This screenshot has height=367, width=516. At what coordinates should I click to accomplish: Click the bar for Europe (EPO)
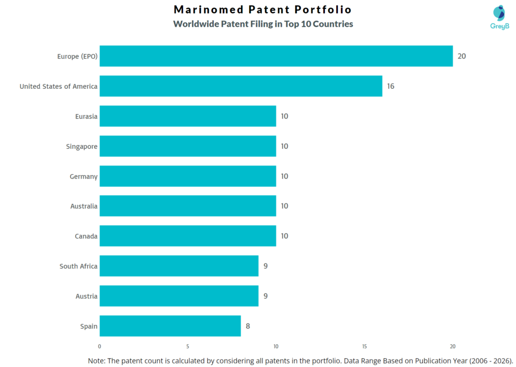[276, 56]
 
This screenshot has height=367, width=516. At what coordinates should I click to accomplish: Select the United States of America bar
[241, 86]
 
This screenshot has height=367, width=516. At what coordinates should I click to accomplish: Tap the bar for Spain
[170, 326]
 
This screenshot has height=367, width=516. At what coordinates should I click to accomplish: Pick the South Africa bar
[179, 266]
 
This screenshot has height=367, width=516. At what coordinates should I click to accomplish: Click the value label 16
[391, 86]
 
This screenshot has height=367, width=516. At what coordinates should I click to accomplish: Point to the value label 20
[462, 56]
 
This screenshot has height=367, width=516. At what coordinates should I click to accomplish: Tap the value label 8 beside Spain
[248, 326]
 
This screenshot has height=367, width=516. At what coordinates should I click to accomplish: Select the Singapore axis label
[82, 146]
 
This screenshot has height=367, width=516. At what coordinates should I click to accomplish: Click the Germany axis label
[84, 176]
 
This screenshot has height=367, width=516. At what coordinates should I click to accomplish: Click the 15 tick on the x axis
[364, 347]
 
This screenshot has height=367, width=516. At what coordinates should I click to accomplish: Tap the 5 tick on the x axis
[187, 347]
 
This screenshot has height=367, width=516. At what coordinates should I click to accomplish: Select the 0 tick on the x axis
[100, 347]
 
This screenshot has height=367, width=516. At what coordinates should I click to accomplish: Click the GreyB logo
[499, 17]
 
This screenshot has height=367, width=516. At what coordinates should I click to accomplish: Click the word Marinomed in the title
[205, 10]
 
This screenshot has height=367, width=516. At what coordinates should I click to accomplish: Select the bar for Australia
[188, 206]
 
